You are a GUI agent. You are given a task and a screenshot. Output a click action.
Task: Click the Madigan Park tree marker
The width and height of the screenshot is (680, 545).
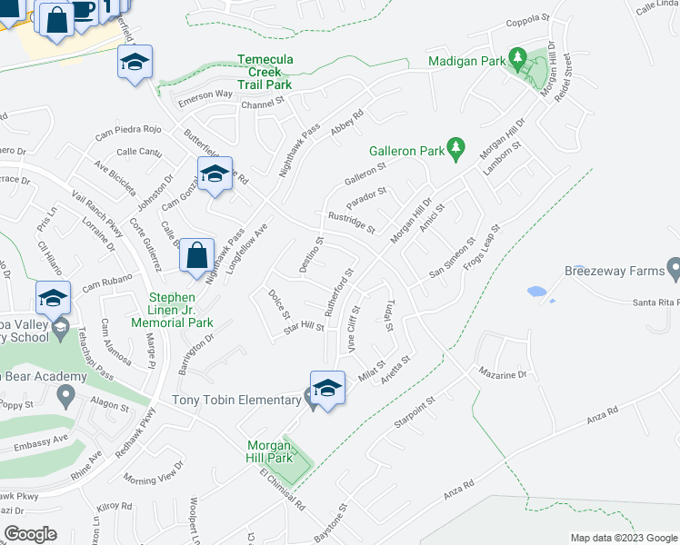point(518,61)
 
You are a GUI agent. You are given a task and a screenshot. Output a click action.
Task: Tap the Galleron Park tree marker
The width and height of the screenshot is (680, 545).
point(456,149)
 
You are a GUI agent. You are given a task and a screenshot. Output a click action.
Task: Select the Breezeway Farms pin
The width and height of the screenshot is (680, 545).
point(673,269)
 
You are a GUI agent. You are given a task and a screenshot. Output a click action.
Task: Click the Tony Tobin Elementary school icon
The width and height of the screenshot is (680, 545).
point(327,389)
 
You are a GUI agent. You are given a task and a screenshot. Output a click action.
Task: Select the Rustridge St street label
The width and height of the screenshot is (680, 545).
point(352,223)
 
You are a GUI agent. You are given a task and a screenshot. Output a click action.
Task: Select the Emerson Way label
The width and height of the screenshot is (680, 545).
point(205,94)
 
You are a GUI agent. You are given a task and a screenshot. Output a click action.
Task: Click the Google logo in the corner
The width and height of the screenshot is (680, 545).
point(30,533)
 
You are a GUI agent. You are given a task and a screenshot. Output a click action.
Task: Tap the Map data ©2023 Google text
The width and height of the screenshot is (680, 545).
point(622,538)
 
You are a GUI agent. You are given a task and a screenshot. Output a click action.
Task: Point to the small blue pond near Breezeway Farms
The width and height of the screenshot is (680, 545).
point(537,292)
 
